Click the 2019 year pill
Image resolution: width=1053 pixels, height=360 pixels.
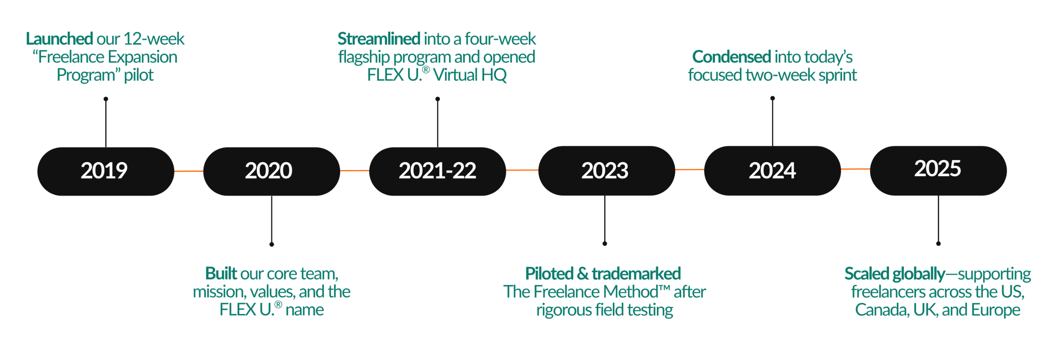pyautogui.click(x=105, y=171)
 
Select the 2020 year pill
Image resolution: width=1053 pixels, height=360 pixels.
pyautogui.click(x=271, y=171)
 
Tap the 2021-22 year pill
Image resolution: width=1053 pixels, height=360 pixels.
pyautogui.click(x=437, y=171)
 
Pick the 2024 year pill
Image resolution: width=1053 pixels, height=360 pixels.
pyautogui.click(x=772, y=170)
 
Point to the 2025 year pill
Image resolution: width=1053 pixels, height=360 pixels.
pyautogui.click(x=938, y=170)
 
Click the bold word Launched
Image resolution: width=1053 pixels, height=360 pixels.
pyautogui.click(x=59, y=39)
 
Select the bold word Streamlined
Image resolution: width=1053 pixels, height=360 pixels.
pyautogui.click(x=378, y=39)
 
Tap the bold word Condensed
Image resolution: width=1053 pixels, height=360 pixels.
pyautogui.click(x=731, y=57)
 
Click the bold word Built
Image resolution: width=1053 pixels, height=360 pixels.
pyautogui.click(x=221, y=274)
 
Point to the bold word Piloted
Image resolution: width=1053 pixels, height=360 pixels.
pyautogui.click(x=549, y=274)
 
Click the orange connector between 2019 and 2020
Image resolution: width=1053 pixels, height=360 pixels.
pyautogui.click(x=189, y=171)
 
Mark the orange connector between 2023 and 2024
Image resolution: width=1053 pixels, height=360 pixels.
pyautogui.click(x=689, y=170)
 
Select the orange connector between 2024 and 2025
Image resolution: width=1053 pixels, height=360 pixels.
pyautogui.click(x=855, y=169)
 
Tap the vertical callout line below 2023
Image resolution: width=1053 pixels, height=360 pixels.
pyautogui.click(x=605, y=220)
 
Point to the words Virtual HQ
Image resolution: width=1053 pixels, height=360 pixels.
pyautogui.click(x=470, y=75)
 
